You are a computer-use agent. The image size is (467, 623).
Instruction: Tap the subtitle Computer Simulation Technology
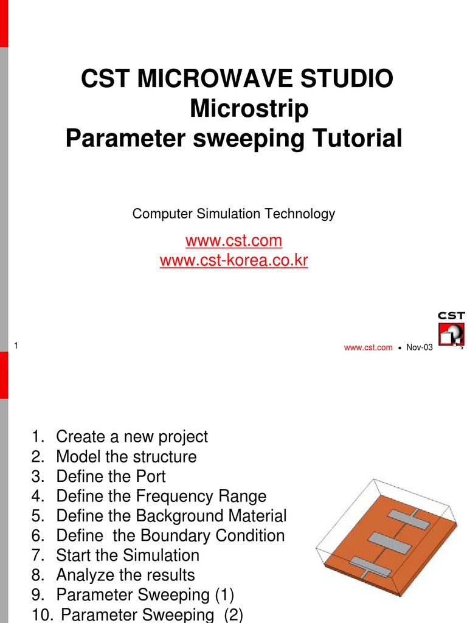(x=233, y=214)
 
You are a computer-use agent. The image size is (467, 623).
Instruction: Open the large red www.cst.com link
(x=233, y=240)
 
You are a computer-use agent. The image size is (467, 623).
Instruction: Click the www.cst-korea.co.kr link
(x=233, y=261)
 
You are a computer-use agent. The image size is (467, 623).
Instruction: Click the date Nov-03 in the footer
(x=420, y=347)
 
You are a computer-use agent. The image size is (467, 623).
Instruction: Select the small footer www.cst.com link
(x=368, y=347)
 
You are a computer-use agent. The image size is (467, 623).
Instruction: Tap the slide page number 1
(x=15, y=346)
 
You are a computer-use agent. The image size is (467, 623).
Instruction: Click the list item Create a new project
(x=131, y=436)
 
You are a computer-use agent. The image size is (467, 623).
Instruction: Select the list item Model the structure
(x=126, y=456)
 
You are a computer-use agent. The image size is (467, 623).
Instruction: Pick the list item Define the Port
(x=111, y=476)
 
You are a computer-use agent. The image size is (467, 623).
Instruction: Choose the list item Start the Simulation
(x=127, y=555)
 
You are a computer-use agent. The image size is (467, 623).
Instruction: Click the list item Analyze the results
(x=125, y=575)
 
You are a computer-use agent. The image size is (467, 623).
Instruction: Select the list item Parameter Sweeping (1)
(x=145, y=594)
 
